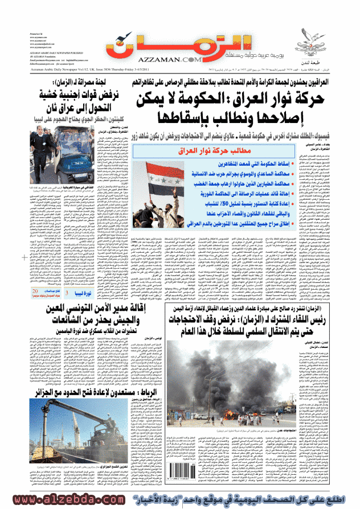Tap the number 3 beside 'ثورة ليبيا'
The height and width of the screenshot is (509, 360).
tap(68, 293)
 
